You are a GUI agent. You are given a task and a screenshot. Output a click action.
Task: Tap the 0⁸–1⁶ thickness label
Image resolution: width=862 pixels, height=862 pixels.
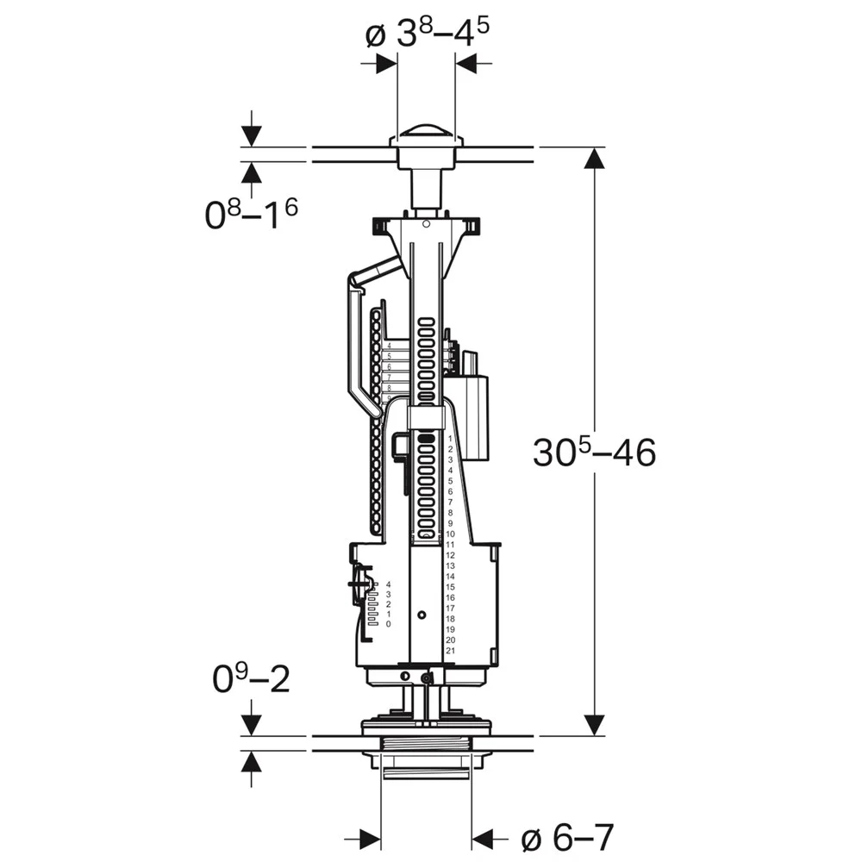[x=251, y=213]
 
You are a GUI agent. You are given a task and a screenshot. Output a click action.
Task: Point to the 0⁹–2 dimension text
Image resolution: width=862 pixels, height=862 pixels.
[x=251, y=680]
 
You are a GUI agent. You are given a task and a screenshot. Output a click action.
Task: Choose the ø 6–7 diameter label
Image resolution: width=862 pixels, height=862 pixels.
[x=568, y=836]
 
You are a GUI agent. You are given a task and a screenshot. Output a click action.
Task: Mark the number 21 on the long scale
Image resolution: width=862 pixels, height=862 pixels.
[x=450, y=651]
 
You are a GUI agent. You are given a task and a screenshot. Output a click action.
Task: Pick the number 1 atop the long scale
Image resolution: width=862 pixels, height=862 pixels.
[x=450, y=439]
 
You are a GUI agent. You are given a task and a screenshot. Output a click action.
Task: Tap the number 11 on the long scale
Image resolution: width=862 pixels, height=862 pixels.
[x=450, y=545]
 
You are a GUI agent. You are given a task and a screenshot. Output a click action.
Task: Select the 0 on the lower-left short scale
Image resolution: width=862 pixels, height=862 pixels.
[x=389, y=623]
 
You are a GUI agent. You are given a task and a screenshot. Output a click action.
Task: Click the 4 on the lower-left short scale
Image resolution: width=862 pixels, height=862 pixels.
[x=389, y=584]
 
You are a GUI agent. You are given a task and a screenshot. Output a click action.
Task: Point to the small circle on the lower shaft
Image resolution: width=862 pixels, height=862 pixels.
[x=421, y=615]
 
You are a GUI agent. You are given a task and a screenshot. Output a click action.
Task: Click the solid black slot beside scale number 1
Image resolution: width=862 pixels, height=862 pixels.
[x=426, y=439]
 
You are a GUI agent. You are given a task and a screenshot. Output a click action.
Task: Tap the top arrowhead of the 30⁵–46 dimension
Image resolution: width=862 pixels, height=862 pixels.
[x=594, y=159]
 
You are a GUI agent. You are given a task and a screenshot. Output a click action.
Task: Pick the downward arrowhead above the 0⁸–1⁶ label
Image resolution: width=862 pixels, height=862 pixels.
[x=251, y=134]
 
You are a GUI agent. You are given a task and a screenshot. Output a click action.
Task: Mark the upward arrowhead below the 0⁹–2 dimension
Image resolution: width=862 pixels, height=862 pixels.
[x=251, y=762]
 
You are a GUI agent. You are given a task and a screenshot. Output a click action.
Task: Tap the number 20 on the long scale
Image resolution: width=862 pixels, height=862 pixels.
[x=450, y=640]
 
